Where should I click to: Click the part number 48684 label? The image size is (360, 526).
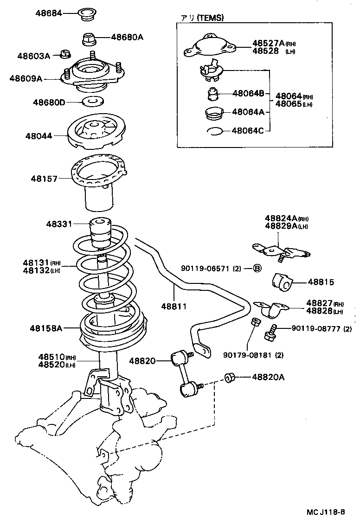point(49,13)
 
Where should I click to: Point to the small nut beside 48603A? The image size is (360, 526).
point(65,55)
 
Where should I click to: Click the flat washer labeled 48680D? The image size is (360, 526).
point(93,101)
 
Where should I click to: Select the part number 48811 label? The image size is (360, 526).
point(174,306)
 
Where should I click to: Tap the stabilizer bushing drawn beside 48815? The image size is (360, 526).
point(282,282)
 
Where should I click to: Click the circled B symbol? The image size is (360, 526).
point(257,268)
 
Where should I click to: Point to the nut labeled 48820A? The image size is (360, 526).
point(229,378)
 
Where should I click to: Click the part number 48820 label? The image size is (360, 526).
point(143,361)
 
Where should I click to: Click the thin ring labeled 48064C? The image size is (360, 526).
point(214,131)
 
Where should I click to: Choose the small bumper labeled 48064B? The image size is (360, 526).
point(213,94)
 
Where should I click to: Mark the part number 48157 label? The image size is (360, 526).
point(45,178)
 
